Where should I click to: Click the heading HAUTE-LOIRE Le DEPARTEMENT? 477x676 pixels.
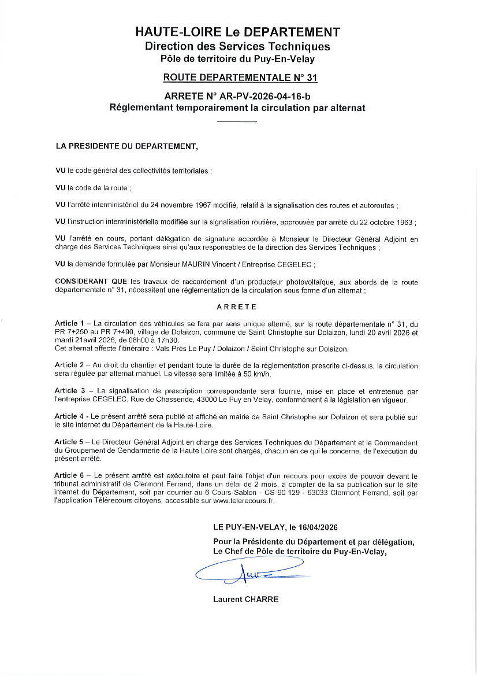(237, 32)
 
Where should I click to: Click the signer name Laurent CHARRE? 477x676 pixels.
(245, 599)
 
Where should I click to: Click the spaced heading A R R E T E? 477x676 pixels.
(237, 307)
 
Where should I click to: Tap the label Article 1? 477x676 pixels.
(69, 322)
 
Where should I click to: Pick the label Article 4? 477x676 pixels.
(69, 416)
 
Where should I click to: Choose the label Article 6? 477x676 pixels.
(69, 476)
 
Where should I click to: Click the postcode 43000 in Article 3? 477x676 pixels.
(200, 400)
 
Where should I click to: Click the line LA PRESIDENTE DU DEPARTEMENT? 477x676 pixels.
(126, 146)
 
